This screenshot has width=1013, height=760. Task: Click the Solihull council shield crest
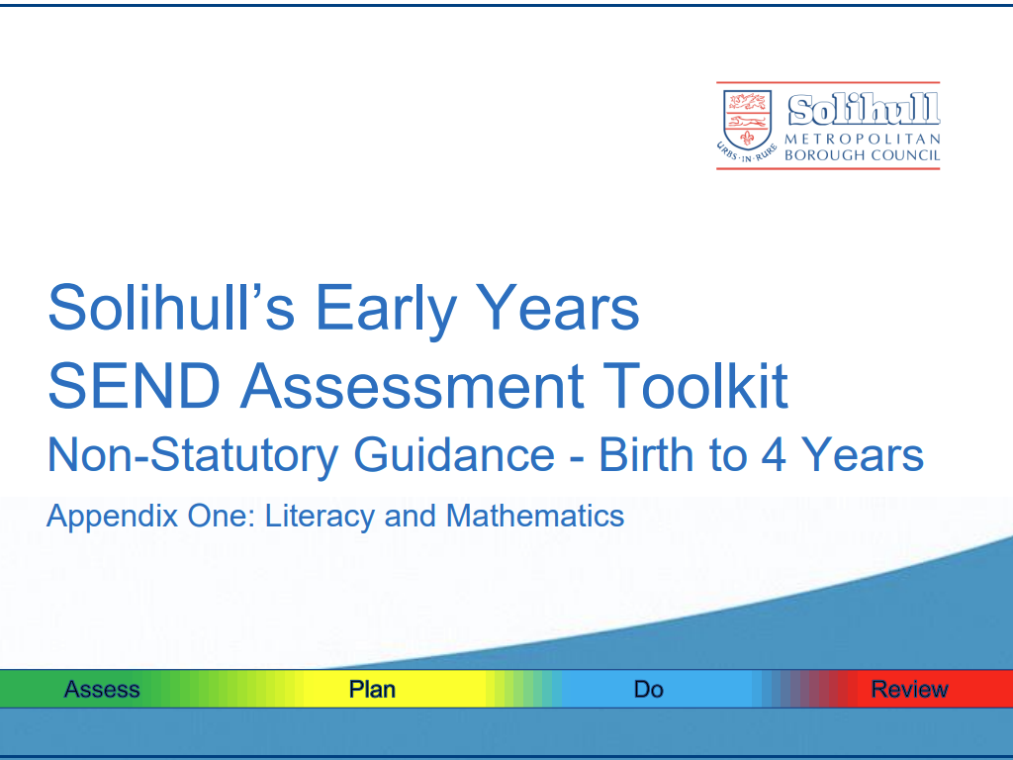click(747, 120)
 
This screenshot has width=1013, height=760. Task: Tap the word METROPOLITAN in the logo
click(863, 140)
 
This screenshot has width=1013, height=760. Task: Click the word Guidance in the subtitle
click(454, 455)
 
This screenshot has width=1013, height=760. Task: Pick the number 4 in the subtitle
click(774, 455)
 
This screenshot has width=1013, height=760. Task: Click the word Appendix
click(112, 517)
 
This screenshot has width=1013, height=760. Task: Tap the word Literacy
click(320, 517)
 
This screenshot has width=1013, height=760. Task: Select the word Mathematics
click(535, 516)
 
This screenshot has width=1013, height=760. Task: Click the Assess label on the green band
click(102, 690)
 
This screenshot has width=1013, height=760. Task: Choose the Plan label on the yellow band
click(372, 690)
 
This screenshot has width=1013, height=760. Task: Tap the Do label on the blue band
click(649, 690)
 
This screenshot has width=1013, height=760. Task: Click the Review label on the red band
click(910, 690)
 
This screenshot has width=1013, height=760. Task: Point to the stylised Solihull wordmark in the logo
click(864, 109)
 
